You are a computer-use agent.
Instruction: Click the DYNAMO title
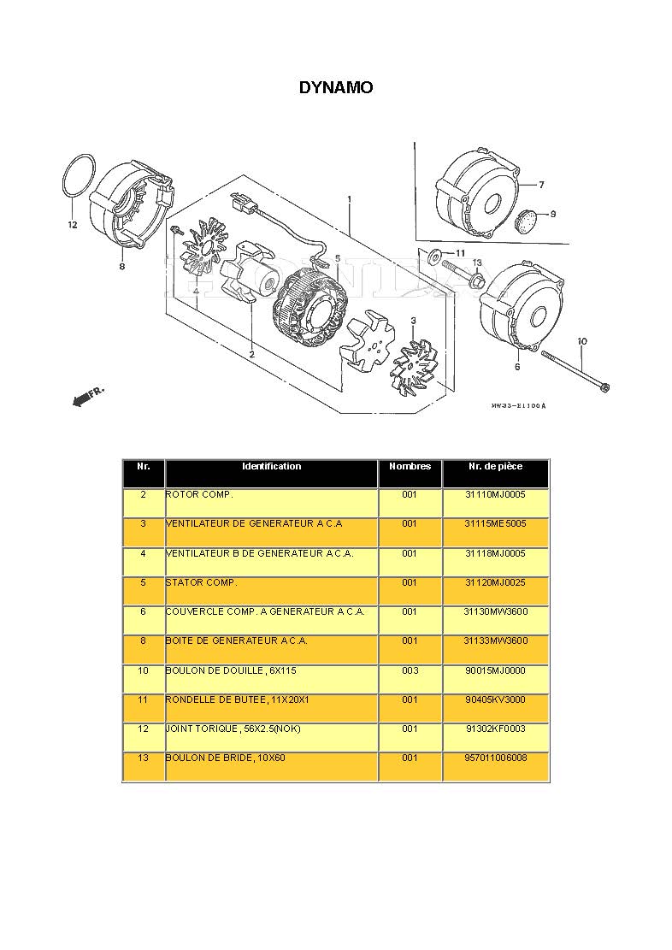tap(335, 87)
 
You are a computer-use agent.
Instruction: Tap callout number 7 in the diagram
tap(540, 185)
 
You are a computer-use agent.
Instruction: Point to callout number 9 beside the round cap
tap(552, 214)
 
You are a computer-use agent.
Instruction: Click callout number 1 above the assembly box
tap(349, 199)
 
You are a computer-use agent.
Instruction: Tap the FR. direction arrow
tap(86, 396)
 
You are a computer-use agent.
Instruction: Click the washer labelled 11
tap(436, 253)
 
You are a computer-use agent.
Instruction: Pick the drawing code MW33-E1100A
tap(518, 406)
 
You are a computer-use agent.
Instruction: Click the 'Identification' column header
tap(271, 467)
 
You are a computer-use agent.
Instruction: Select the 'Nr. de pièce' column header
tap(495, 467)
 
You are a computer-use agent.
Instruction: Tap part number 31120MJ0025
tap(495, 582)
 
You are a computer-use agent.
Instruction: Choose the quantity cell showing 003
tap(410, 670)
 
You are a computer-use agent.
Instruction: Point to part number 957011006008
tap(495, 758)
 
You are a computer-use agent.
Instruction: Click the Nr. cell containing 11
tap(143, 699)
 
